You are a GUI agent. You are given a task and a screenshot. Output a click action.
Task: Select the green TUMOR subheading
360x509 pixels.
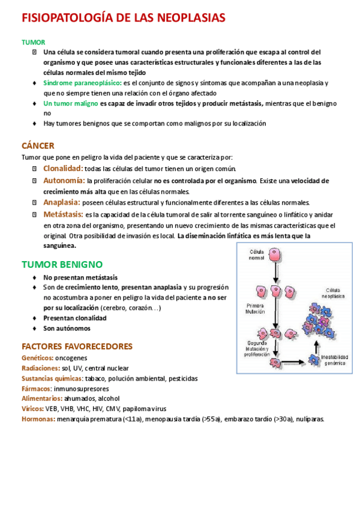pos(33,42)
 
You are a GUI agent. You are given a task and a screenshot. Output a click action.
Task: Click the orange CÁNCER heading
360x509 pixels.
pos(38,146)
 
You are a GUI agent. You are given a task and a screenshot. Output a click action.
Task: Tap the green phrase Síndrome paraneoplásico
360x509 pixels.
pos(82,82)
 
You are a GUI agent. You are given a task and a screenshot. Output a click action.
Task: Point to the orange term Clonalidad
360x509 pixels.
pos(63,169)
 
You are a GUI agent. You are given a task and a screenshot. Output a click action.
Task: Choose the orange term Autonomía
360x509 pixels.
pos(64,180)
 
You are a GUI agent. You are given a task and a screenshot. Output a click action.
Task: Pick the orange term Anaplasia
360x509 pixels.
pos(62,202)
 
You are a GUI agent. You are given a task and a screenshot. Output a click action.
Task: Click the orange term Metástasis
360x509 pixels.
pos(63,214)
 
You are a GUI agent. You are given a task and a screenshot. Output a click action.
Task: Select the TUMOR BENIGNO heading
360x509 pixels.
pos(62,264)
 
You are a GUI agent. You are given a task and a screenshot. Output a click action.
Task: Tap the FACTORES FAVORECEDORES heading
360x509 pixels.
pos(77,346)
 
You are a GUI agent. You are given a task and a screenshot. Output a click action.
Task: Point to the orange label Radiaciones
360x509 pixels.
pos(40,368)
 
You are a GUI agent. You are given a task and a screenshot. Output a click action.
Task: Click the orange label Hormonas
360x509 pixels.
pos(38,419)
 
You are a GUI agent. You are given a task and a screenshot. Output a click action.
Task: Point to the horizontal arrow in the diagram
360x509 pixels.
pos(294,362)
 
